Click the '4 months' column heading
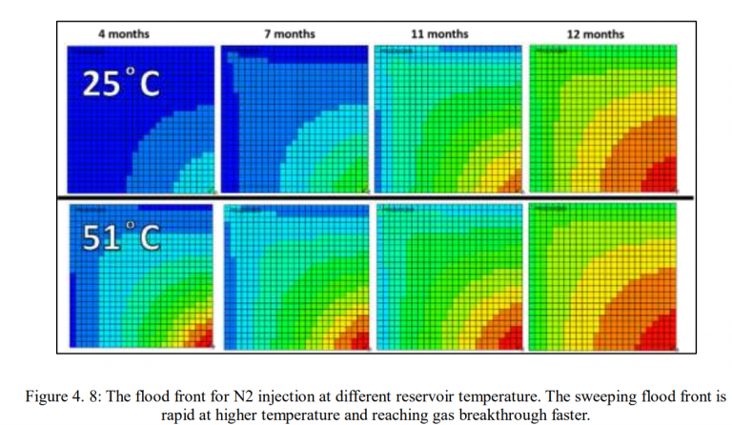pyautogui.click(x=124, y=34)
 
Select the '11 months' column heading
pyautogui.click(x=439, y=34)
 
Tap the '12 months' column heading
pyautogui.click(x=596, y=34)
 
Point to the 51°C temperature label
pyautogui.click(x=119, y=238)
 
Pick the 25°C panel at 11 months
pyautogui.click(x=449, y=119)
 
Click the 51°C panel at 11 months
pyautogui.click(x=449, y=276)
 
